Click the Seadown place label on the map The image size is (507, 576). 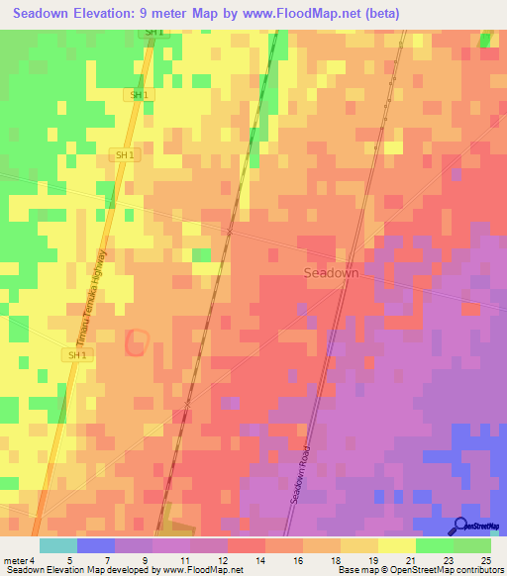[x=331, y=272]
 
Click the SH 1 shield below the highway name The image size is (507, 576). [x=76, y=354]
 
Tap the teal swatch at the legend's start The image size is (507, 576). [x=57, y=545]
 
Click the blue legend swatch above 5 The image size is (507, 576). [x=95, y=545]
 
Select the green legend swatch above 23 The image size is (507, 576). [x=434, y=545]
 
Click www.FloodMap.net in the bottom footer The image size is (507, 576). [x=203, y=570]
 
